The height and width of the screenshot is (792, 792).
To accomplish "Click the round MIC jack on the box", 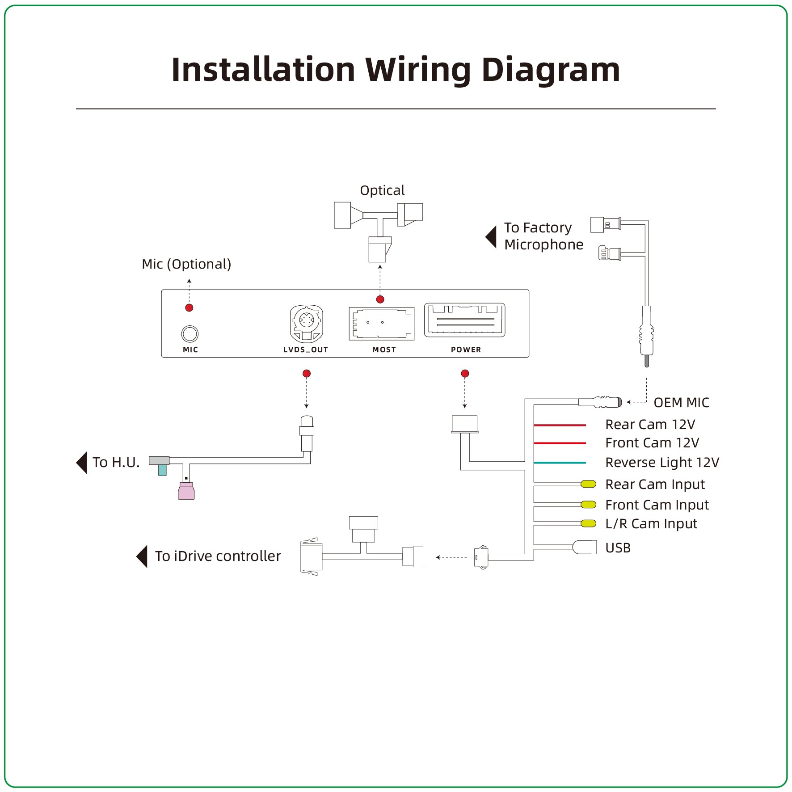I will tap(190, 334).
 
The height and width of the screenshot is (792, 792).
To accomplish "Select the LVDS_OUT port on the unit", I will tap(306, 324).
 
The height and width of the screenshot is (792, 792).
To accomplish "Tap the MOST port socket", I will tap(381, 324).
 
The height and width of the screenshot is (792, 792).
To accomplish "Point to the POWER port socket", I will tap(464, 320).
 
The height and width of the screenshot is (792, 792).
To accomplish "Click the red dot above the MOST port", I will tap(380, 299).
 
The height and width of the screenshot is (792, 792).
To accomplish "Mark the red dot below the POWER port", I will tap(465, 374).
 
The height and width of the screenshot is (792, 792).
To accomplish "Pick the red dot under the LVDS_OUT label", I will tap(306, 374).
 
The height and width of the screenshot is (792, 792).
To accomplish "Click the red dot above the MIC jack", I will tap(189, 308).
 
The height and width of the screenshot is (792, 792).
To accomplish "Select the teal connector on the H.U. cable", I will tap(162, 470).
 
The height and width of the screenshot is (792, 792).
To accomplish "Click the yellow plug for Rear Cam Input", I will tap(588, 484).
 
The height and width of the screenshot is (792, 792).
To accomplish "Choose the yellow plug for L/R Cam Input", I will tap(588, 523).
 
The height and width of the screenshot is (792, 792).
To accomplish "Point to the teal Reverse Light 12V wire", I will tap(560, 463).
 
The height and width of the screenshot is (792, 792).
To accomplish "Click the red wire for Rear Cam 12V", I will tap(560, 425).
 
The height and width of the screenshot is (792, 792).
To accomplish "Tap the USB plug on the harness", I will tap(585, 547).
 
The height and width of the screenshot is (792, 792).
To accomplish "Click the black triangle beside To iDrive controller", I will tap(142, 556).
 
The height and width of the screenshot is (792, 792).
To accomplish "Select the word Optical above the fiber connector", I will tap(382, 190).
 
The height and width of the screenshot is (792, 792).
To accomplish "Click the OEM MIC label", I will tap(681, 403).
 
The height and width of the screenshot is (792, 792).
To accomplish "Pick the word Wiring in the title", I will tap(418, 70).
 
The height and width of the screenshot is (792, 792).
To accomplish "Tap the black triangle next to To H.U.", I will tap(82, 463).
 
